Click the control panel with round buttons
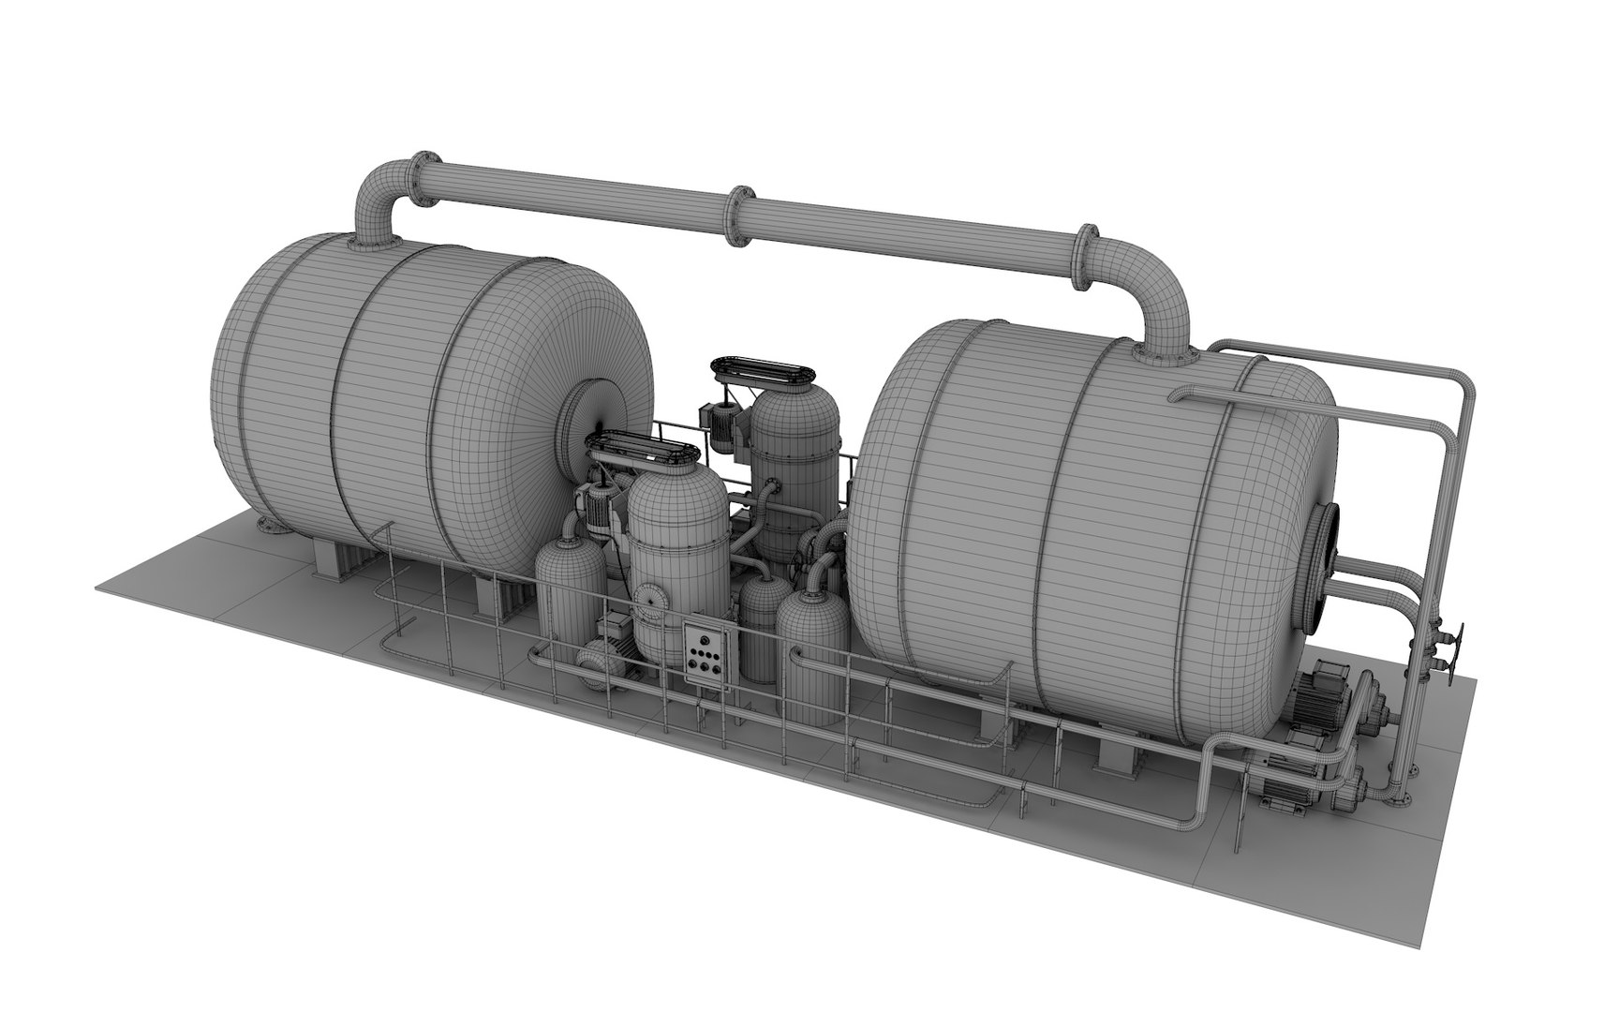coord(706,652)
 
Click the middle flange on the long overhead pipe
coord(739,216)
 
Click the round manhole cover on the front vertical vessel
coord(646,598)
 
